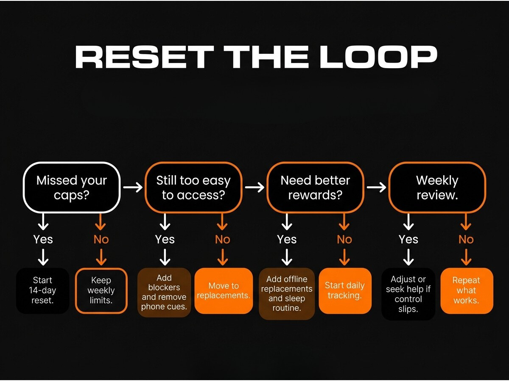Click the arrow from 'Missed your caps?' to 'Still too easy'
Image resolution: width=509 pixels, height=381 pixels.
pyautogui.click(x=133, y=187)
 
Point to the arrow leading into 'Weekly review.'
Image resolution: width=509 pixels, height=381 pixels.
pyautogui.click(x=376, y=187)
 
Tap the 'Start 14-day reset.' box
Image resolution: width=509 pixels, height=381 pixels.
pyautogui.click(x=42, y=290)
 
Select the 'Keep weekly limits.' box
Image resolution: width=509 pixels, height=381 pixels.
pyautogui.click(x=101, y=290)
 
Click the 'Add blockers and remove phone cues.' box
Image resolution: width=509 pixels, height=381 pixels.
pyautogui.click(x=164, y=292)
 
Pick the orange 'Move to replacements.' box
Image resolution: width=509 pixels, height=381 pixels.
pyautogui.click(x=224, y=290)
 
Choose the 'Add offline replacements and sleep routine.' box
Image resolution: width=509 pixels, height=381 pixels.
pyautogui.click(x=287, y=293)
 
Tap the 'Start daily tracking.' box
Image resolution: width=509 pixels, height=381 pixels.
pyautogui.click(x=344, y=290)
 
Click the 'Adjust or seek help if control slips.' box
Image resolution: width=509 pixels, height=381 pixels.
pyautogui.click(x=408, y=293)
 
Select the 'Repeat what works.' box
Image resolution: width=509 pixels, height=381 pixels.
pyautogui.click(x=466, y=290)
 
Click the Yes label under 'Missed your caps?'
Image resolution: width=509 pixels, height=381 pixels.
pyautogui.click(x=43, y=239)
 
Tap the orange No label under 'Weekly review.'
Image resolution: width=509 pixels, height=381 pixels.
pyautogui.click(x=466, y=239)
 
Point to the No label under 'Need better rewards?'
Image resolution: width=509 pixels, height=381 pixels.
pyautogui.click(x=344, y=239)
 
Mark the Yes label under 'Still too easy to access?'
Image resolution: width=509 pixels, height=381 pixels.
pyautogui.click(x=165, y=239)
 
